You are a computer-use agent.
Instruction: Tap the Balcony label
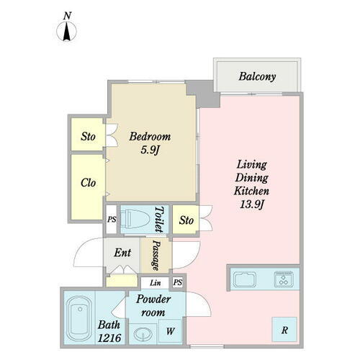[257, 77]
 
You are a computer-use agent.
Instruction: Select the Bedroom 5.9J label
[150, 143]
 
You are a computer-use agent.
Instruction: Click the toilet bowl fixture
[134, 219]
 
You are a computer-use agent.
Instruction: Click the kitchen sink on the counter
[245, 280]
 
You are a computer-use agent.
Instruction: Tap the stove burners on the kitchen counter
[284, 279]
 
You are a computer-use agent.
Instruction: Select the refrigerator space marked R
[284, 330]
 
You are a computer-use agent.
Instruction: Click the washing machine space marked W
[170, 331]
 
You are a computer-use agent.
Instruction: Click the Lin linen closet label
[155, 283]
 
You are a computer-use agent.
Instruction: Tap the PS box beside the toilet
[111, 219]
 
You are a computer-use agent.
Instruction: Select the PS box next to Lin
[178, 282]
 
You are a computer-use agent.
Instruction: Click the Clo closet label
[88, 183]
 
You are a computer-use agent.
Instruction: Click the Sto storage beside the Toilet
[186, 220]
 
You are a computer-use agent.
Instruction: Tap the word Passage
[156, 256]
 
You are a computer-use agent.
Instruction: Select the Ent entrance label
[122, 253]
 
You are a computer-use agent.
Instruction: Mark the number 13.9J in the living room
[252, 204]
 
